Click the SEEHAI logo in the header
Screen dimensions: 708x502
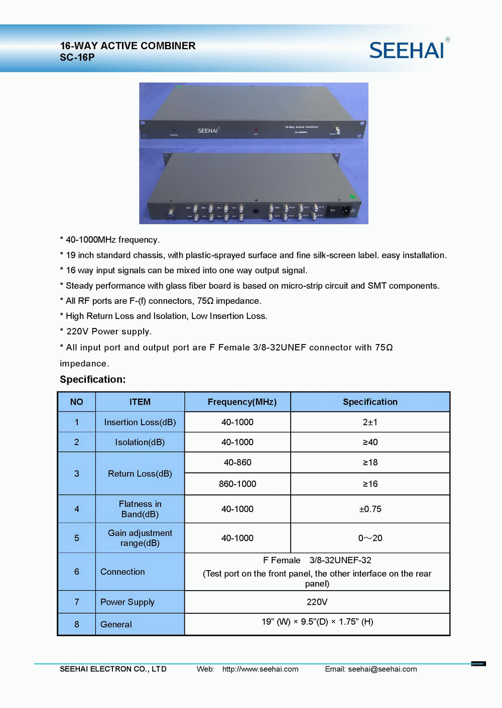point(407,50)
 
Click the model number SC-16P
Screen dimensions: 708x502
point(77,57)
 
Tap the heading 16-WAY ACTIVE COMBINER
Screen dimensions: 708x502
point(128,46)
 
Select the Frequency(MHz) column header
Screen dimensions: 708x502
point(242,402)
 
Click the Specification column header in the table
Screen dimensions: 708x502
point(370,402)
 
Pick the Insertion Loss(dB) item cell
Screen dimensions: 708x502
point(140,422)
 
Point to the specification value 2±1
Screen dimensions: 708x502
point(370,422)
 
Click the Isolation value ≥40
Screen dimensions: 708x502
point(370,442)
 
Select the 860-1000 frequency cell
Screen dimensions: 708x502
point(237,484)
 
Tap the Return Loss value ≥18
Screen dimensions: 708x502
point(370,462)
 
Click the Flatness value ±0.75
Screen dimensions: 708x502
point(370,509)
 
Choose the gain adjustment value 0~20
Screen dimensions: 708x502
point(370,538)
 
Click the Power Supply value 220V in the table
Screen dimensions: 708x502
point(317,602)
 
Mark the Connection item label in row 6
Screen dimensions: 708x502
point(122,572)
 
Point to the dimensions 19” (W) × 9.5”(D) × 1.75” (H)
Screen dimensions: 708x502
point(317,622)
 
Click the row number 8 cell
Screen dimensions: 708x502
point(77,624)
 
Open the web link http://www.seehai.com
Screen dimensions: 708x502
point(260,669)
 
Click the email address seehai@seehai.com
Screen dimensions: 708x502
point(382,669)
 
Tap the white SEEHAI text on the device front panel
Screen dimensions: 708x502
point(208,131)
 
